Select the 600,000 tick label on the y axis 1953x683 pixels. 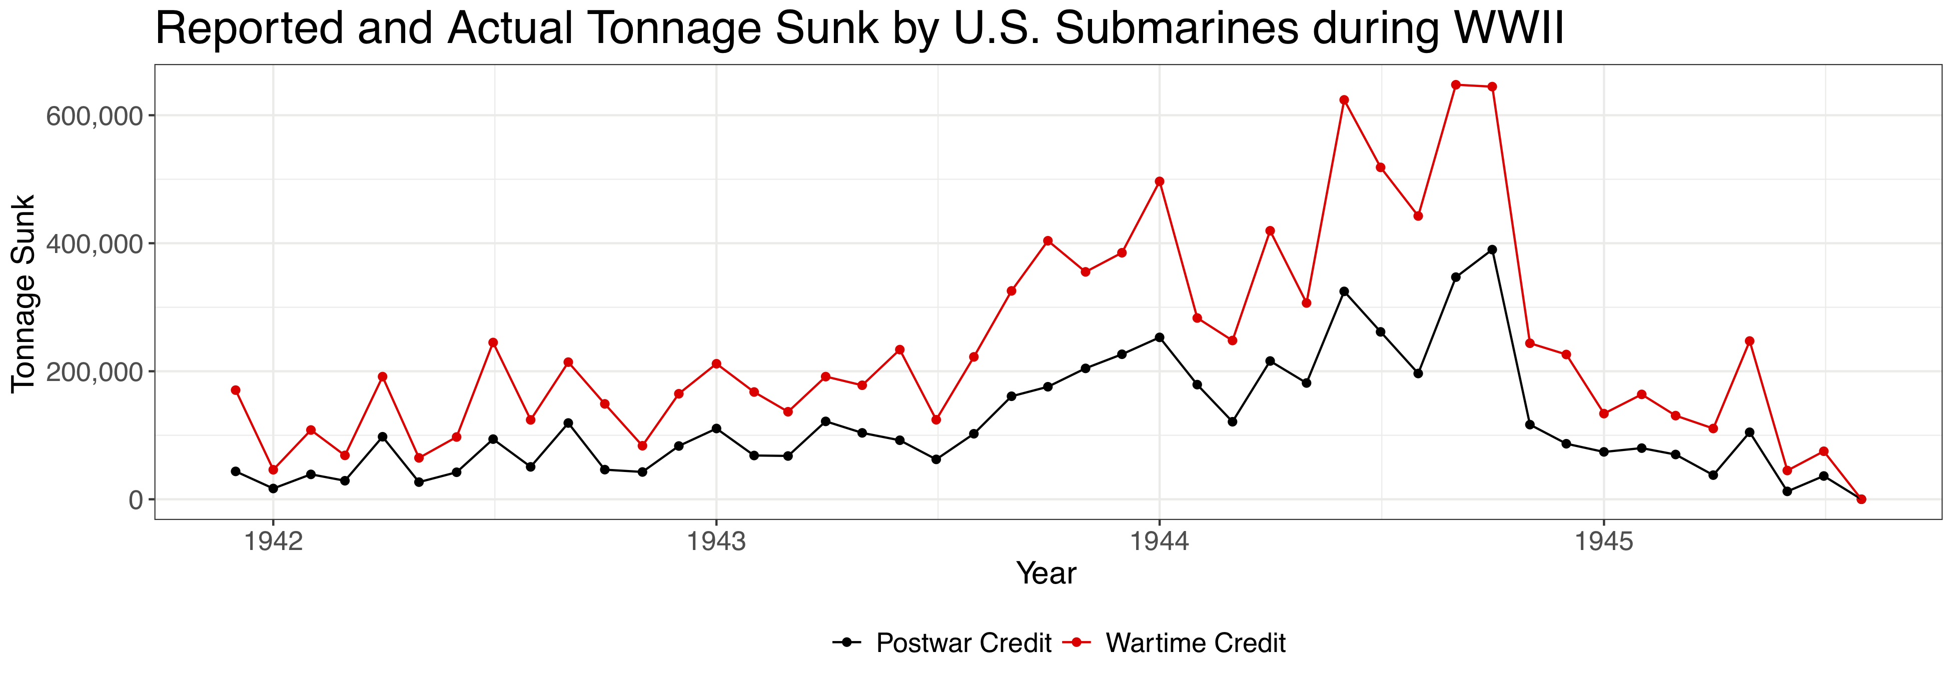(x=94, y=116)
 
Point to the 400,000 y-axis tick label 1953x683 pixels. (x=94, y=244)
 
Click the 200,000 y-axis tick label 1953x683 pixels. (x=94, y=372)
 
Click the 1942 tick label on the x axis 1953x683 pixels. (x=273, y=541)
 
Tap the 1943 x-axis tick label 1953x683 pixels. (x=716, y=541)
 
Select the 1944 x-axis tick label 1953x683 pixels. (x=1159, y=541)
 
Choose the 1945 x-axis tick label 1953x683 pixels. (x=1603, y=541)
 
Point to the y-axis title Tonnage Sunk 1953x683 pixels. (x=24, y=293)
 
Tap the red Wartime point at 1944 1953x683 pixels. (x=1159, y=181)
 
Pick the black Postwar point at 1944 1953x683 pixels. (x=1159, y=337)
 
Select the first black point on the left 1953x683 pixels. (x=236, y=471)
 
